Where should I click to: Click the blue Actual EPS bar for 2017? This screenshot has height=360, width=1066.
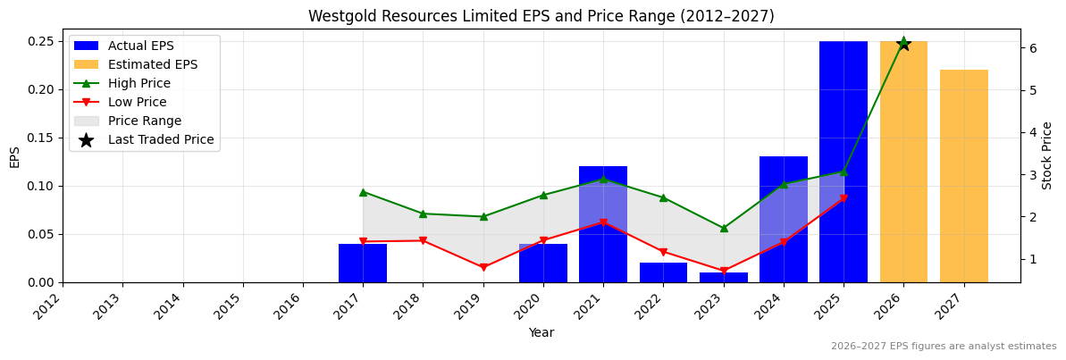point(363,263)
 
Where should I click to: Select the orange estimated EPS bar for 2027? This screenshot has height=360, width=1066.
point(963,176)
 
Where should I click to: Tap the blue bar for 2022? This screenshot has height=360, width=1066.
point(663,272)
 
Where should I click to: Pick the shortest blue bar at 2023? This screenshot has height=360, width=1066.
point(723,278)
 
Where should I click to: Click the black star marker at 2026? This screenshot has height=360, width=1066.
point(903,43)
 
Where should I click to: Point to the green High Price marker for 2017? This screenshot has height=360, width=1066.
point(363,192)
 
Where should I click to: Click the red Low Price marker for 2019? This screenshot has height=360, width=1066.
point(483,267)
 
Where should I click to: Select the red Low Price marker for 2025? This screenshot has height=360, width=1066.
point(844,198)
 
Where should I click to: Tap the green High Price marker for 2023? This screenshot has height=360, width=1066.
point(724,228)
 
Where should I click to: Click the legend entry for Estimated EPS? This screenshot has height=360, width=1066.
point(152,64)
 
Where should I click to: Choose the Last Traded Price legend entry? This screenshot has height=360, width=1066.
point(161,139)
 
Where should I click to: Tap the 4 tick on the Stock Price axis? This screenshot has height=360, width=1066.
point(1032,132)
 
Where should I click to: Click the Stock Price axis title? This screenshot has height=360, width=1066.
point(1048,155)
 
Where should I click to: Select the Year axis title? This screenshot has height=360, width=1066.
point(541,333)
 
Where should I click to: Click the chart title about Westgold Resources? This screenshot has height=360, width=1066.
point(541,16)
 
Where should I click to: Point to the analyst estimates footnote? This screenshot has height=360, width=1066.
point(943,347)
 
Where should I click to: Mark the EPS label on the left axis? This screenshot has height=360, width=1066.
point(14,156)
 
